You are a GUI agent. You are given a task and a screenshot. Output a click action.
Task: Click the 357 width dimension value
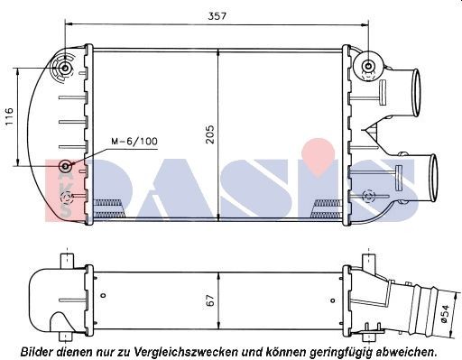pyautogui.click(x=217, y=15)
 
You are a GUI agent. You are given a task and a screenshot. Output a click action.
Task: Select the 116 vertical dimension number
pyautogui.click(x=8, y=116)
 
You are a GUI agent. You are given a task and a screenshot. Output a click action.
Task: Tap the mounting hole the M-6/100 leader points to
pyautogui.click(x=65, y=167)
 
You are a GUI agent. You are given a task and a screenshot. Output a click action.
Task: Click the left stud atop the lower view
pyautogui.click(x=65, y=259)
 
